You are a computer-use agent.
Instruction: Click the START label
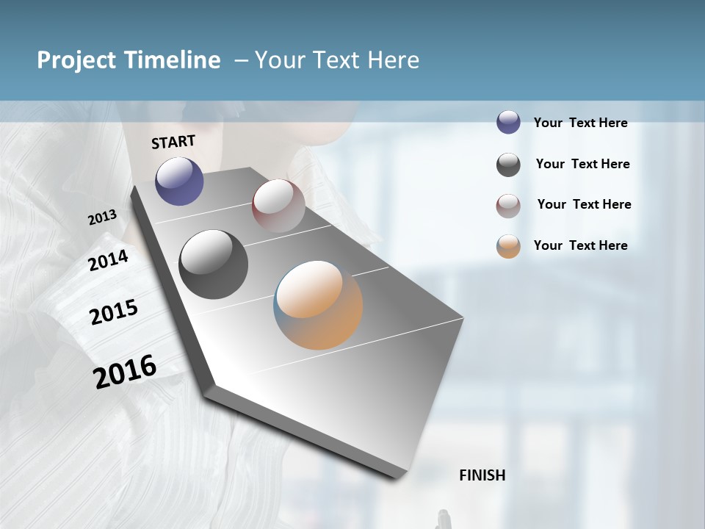pos(173,142)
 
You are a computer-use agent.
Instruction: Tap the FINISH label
pos(482,475)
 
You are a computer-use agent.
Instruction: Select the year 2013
pos(102,217)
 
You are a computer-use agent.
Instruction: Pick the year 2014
pos(108,261)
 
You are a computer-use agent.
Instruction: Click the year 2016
pos(125,372)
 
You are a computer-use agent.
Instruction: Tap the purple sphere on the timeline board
pos(179,181)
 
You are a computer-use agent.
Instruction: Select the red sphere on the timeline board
pos(278,205)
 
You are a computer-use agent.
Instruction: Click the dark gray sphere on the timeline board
pos(213,264)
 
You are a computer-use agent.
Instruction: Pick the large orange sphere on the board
pos(318,304)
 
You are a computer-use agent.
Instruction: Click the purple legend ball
pos(508,123)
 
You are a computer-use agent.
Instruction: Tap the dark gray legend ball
pos(508,165)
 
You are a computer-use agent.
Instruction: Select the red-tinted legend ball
pos(508,206)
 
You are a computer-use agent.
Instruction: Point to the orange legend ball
pos(508,246)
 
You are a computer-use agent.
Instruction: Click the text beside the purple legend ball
pos(580,123)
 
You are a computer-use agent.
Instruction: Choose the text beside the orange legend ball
pos(580,245)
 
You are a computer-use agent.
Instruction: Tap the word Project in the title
pos(73,60)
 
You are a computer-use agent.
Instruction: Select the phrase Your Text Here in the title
pos(337,60)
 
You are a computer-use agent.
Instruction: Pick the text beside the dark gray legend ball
pos(582,164)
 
